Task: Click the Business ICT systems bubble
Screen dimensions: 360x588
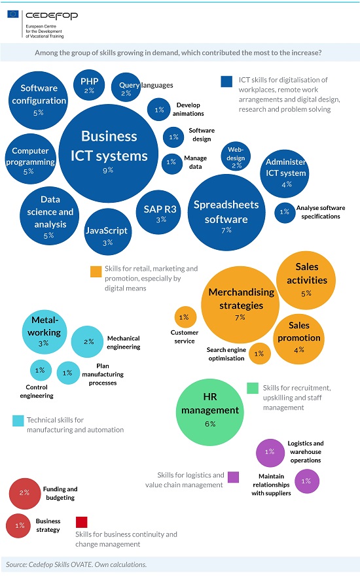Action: click(109, 153)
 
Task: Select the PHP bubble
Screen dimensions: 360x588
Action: click(89, 85)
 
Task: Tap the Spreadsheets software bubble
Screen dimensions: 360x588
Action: click(226, 213)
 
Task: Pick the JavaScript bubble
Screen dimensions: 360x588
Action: click(108, 232)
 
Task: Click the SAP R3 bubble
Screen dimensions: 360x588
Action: click(158, 213)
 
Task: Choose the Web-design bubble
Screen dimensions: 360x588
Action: click(236, 156)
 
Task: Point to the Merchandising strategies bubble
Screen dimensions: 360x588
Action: click(240, 305)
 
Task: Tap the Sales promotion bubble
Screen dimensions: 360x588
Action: click(299, 339)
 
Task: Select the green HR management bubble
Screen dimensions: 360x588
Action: click(210, 412)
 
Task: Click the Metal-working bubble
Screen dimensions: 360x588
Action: click(45, 332)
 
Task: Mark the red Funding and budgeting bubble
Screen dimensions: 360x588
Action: click(25, 494)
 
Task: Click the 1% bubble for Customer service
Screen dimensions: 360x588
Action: click(185, 317)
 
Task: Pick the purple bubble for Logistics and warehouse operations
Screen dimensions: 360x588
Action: click(270, 453)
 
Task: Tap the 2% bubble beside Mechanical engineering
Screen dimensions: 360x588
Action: click(88, 341)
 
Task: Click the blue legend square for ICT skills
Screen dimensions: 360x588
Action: click(226, 81)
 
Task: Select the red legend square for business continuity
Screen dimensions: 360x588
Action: click(81, 522)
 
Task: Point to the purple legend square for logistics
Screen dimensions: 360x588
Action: click(234, 477)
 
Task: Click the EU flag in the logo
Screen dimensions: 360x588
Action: click(12, 14)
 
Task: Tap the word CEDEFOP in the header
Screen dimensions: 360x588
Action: click(52, 16)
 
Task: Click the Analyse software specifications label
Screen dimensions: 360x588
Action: click(321, 212)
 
